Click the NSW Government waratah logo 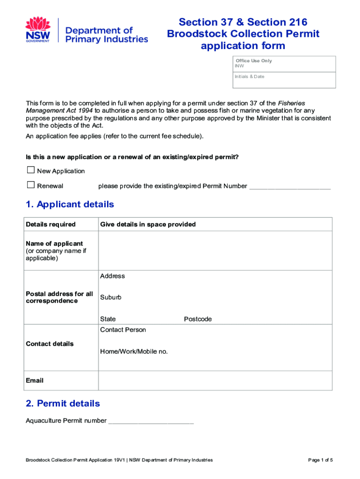38,29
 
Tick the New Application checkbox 31,170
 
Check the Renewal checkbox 31,185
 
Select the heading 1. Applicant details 70,204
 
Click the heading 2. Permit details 63,403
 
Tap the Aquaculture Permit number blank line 151,421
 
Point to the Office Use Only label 254,61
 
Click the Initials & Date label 250,76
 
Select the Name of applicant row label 54,244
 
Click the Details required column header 50,225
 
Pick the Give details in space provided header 148,225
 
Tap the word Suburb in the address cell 111,298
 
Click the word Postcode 198,319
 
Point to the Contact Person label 123,330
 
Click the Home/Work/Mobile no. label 134,351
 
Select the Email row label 35,381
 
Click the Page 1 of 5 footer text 320,460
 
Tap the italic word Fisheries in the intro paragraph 292,103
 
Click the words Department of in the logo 99,30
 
